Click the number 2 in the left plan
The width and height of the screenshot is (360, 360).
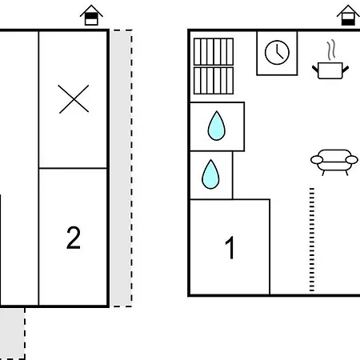click(x=74, y=238)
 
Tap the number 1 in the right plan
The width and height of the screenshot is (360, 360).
click(x=230, y=247)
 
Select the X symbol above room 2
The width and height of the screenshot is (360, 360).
click(x=74, y=99)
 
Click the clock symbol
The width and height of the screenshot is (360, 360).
click(x=277, y=53)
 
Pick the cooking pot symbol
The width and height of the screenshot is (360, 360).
click(x=330, y=70)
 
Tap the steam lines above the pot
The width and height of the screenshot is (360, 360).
click(x=331, y=50)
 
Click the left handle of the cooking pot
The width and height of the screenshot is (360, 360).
click(x=315, y=69)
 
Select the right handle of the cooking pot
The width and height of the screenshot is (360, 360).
click(x=346, y=69)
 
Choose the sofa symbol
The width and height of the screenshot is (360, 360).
click(x=334, y=162)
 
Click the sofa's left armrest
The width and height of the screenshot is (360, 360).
click(x=317, y=160)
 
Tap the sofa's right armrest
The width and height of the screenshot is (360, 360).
click(x=352, y=160)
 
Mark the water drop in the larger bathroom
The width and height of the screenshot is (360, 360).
click(x=217, y=126)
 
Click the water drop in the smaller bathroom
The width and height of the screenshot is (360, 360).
click(x=210, y=174)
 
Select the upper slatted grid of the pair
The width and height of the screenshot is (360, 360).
click(x=214, y=52)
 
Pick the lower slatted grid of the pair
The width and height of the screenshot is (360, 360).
click(x=214, y=81)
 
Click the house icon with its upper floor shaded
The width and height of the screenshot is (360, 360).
click(x=91, y=15)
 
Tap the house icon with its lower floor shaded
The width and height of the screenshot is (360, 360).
click(x=348, y=15)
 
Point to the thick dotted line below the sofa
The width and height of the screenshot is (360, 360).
click(x=312, y=239)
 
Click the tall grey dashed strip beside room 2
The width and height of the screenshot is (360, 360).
click(x=122, y=168)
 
